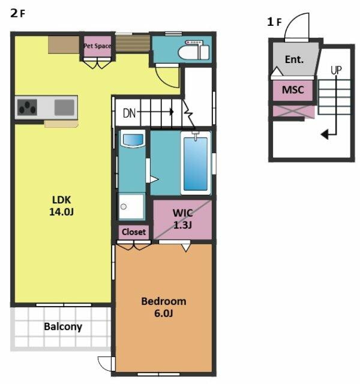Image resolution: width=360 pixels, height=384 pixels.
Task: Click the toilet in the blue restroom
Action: (x=193, y=50)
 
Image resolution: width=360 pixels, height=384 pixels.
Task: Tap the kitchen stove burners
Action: (x=27, y=107)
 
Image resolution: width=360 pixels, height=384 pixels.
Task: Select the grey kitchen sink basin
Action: (x=64, y=107)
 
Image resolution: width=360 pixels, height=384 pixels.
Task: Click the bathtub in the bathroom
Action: (x=196, y=163)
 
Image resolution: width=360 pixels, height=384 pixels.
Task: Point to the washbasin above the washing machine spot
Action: (x=133, y=140)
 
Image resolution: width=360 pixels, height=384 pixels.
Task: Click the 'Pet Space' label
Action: (x=97, y=46)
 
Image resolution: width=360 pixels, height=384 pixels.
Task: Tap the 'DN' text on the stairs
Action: (x=129, y=113)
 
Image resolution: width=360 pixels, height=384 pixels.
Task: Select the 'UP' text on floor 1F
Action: (x=336, y=70)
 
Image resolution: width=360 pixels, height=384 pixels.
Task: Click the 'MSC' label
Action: (x=293, y=90)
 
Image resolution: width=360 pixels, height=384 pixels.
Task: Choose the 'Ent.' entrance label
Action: (x=294, y=59)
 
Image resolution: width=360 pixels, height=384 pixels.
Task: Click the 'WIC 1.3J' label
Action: (x=182, y=218)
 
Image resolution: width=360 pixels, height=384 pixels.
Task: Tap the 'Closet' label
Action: (x=134, y=232)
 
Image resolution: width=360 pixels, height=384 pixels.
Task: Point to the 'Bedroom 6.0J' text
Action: (x=164, y=307)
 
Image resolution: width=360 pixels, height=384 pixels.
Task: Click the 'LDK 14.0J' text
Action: (x=61, y=206)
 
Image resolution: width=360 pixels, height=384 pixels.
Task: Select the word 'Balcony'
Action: (x=63, y=326)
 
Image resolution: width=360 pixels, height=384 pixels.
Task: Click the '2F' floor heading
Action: (x=17, y=13)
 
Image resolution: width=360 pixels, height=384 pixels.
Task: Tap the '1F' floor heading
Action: (x=274, y=22)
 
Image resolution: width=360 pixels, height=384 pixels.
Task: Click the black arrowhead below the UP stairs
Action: (x=325, y=134)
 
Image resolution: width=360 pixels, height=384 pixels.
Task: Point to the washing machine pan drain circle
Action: (x=124, y=206)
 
